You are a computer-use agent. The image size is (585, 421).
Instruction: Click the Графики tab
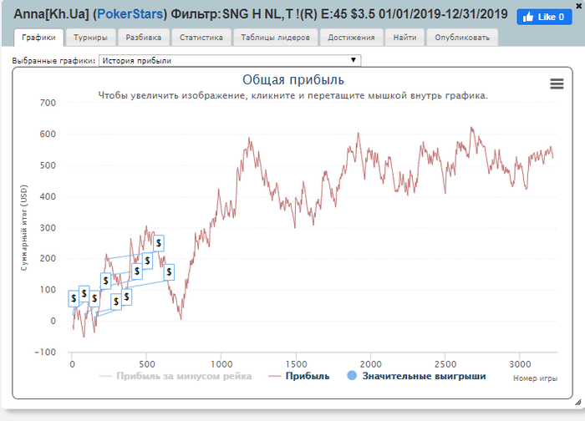39,38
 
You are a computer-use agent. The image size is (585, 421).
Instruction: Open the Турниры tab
89,38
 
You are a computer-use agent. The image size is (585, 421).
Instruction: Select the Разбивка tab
144,38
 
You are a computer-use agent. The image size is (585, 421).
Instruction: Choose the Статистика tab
201,38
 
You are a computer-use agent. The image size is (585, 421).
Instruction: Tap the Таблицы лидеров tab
275,38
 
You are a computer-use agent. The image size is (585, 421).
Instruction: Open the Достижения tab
351,38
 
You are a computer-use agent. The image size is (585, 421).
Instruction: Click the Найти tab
404,38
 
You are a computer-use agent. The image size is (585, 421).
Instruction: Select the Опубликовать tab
462,38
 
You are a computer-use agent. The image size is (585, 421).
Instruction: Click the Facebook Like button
543,17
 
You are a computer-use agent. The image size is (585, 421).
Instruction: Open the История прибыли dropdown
230,60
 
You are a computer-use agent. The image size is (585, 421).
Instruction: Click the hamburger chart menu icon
557,84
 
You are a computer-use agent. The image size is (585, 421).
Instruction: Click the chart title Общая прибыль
292,80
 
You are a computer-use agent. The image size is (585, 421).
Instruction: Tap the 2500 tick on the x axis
445,364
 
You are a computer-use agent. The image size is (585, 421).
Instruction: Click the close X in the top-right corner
578,5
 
